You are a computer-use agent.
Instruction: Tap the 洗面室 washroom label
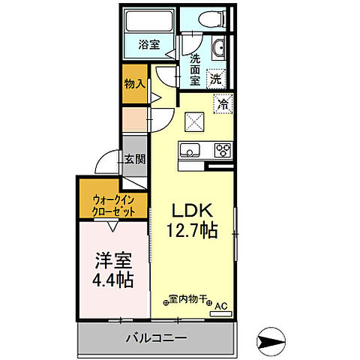pos(194,69)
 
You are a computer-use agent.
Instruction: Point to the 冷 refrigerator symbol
pos(223,105)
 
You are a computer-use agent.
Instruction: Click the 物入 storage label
pos(133,84)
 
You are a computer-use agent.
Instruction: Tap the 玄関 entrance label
pos(136,159)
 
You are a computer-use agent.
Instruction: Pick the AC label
pos(221,307)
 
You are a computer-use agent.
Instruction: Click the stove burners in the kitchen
pos(223,148)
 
